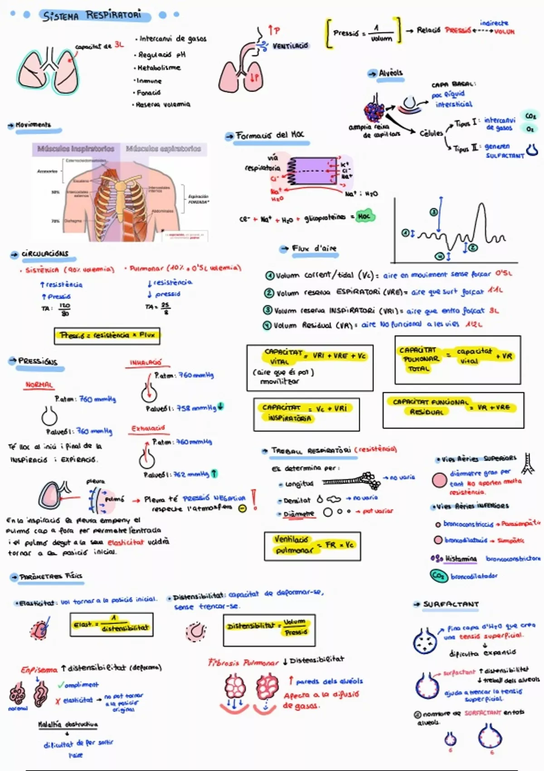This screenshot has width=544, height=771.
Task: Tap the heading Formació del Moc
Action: pos(270,135)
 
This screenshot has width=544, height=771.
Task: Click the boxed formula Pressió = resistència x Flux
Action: pos(107,336)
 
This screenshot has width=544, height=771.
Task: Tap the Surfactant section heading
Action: pos(451,604)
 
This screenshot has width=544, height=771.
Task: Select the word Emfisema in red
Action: pos(39,669)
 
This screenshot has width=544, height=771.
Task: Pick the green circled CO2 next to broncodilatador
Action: pos(438,576)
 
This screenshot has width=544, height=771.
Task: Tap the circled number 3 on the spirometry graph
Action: pos(434,212)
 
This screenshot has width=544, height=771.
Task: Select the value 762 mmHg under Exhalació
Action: pos(191,474)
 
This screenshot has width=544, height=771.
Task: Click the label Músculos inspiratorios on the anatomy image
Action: pos(76,149)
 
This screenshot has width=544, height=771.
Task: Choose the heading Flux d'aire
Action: pos(314,249)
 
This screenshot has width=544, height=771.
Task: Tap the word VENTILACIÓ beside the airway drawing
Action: pos(290,46)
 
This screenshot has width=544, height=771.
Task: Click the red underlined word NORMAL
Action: pos(39,385)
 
